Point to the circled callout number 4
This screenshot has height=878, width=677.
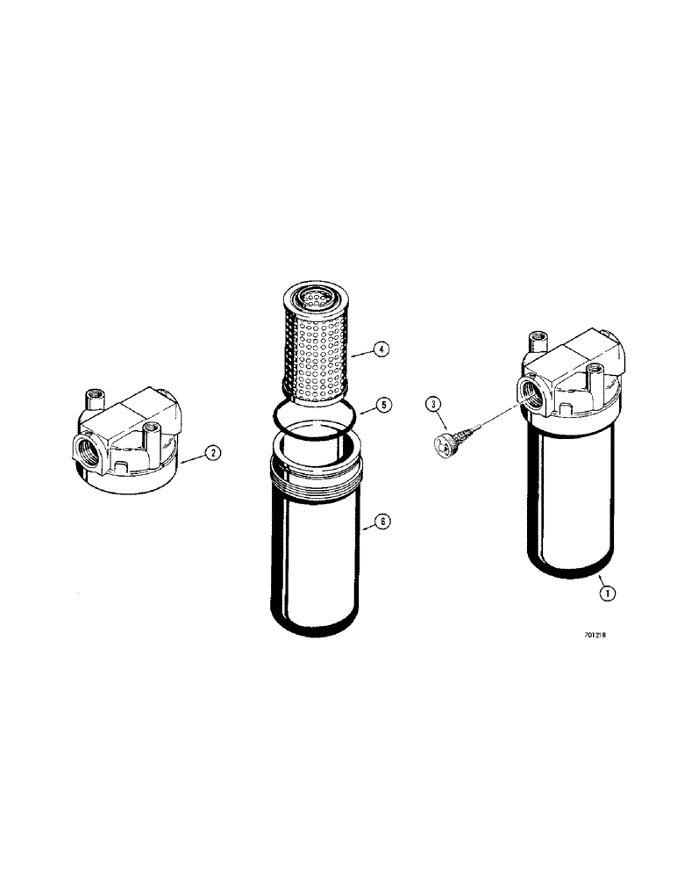pyautogui.click(x=380, y=349)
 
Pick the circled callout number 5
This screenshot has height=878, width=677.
pyautogui.click(x=382, y=405)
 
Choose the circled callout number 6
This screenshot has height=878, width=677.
pyautogui.click(x=381, y=522)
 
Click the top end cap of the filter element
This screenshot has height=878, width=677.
pyautogui.click(x=310, y=299)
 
